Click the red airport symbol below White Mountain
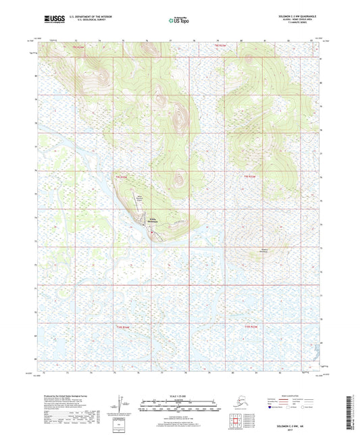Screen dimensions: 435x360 click(152, 234)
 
